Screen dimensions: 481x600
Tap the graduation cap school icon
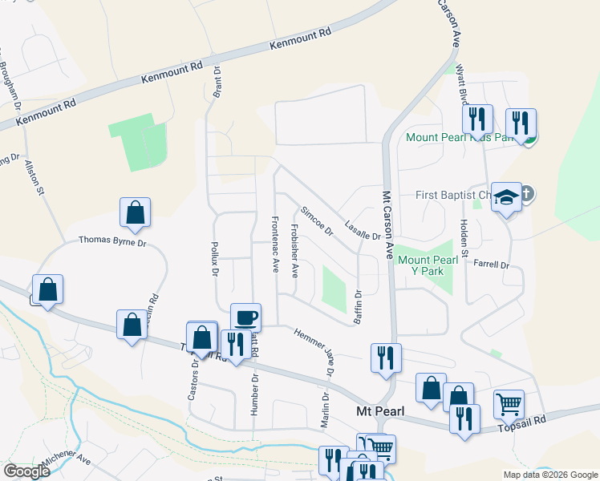point(506,196)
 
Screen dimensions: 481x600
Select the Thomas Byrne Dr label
point(113,240)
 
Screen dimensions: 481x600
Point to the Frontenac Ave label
point(274,242)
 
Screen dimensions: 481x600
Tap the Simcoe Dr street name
point(317,221)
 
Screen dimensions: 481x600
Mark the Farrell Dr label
point(492,264)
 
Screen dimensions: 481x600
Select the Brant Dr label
point(217,83)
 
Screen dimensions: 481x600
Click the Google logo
point(26,471)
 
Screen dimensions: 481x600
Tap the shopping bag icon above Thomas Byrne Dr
point(135,212)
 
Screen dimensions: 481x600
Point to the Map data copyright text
point(549,475)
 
